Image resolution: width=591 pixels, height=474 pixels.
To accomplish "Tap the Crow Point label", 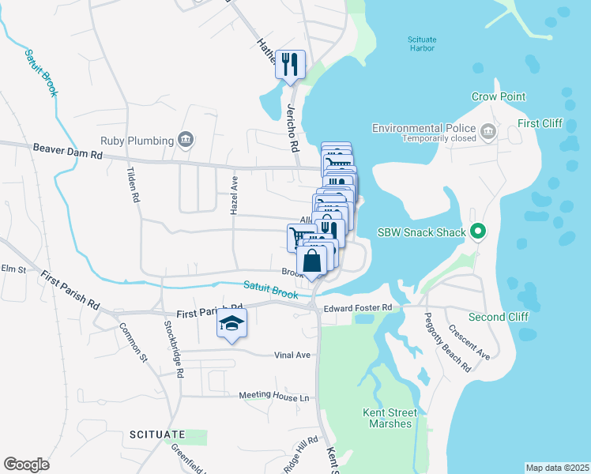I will pyautogui.click(x=498, y=96).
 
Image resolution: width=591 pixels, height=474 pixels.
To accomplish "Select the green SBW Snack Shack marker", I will pyautogui.click(x=477, y=231).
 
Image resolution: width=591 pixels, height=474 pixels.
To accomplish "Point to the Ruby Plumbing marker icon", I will pyautogui.click(x=186, y=141).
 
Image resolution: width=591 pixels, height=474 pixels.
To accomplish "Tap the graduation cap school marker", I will pyautogui.click(x=232, y=323).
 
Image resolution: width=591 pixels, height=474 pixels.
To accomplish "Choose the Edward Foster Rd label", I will pyautogui.click(x=358, y=307).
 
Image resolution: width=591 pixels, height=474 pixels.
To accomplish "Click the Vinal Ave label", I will pyautogui.click(x=292, y=355).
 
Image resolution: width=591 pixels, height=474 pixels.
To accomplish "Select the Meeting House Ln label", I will pyautogui.click(x=274, y=397).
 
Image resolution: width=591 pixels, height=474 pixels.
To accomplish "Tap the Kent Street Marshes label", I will pyautogui.click(x=387, y=418).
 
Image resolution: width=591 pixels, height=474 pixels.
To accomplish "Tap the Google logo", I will pyautogui.click(x=26, y=465).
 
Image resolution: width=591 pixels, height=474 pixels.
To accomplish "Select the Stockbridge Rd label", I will pyautogui.click(x=173, y=348).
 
